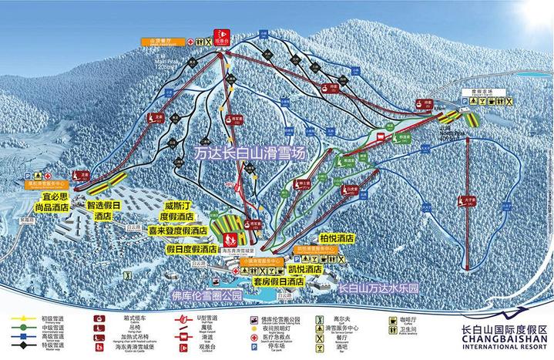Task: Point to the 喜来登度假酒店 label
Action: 178,230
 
